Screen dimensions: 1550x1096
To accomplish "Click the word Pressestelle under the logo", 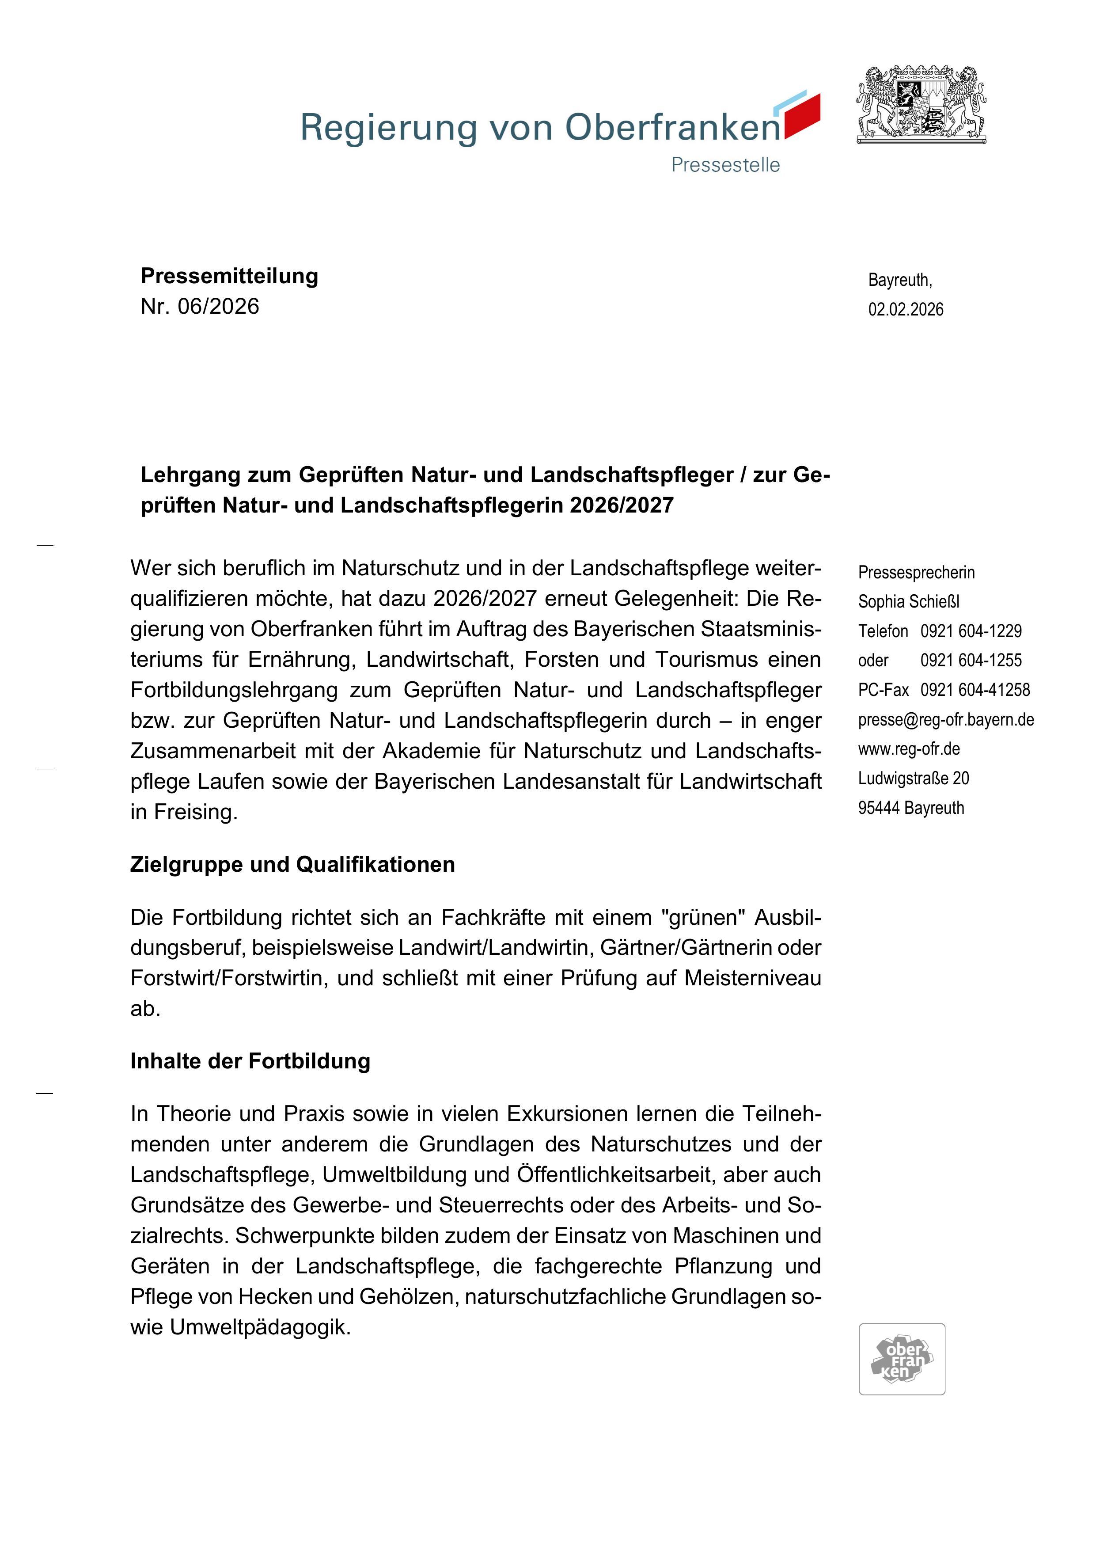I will pos(725,165).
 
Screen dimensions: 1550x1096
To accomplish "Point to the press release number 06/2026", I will pos(218,307).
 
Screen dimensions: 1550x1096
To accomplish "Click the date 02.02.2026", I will pos(906,309).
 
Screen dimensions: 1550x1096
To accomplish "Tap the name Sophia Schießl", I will pos(908,601).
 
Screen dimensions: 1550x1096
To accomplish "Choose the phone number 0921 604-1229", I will pos(971,631).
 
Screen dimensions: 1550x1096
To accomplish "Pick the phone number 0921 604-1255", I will pos(971,660).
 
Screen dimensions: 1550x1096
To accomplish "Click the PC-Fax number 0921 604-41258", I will pos(975,690).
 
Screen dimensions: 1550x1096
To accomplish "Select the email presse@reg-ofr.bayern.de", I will pos(945,720).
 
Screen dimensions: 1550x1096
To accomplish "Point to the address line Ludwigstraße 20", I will pos(913,779).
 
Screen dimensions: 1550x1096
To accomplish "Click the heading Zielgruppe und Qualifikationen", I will pos(292,864).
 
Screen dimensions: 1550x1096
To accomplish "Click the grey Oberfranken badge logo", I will pos(902,1359).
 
